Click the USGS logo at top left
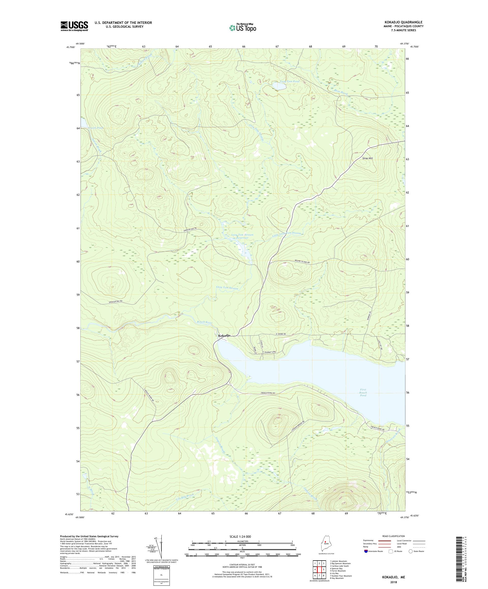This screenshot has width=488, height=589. coord(74,26)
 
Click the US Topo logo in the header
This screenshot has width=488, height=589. coord(243,27)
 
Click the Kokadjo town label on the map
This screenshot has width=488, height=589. coord(224,335)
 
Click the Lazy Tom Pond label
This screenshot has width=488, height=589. coord(290,81)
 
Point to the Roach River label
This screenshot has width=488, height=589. coord(205,322)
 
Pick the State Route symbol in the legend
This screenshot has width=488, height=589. coord(411,551)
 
